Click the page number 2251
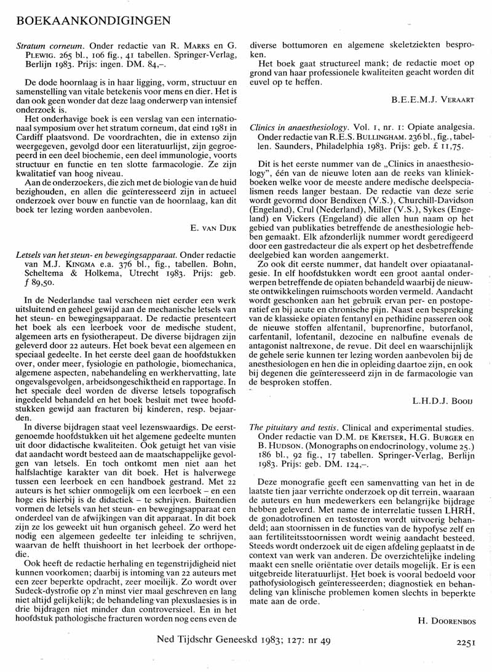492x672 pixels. (468, 643)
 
